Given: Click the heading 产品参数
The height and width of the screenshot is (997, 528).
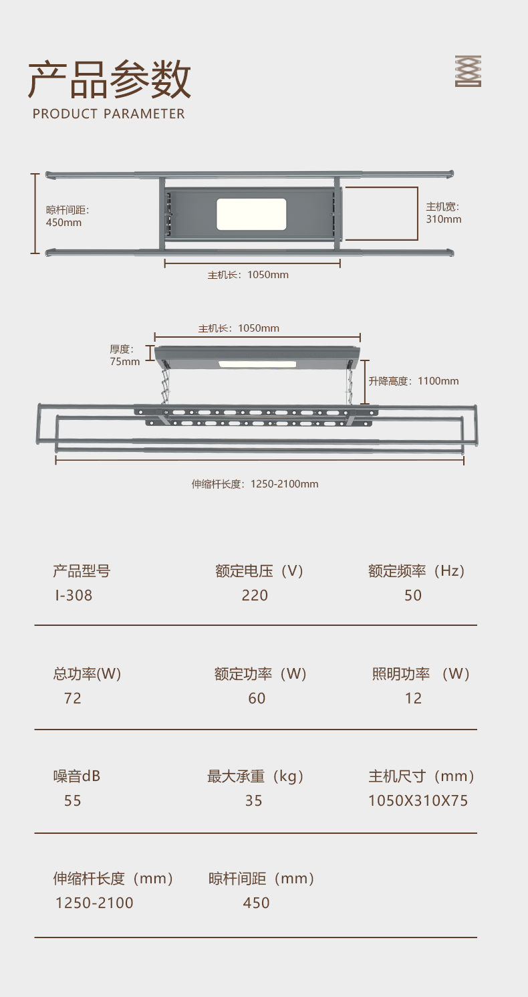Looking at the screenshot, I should point(110,80).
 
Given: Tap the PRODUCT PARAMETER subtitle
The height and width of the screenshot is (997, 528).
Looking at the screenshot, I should point(109,114).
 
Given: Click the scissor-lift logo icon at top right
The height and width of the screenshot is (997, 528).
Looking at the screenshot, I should point(468,71).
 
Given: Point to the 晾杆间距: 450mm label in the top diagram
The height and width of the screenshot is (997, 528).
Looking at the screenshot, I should point(68,216).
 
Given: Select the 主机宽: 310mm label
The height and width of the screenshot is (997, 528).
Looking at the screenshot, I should point(444,213).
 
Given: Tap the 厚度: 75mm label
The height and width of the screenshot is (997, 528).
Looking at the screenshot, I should point(125,355).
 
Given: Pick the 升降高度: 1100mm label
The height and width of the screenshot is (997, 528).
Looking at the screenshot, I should point(414,381).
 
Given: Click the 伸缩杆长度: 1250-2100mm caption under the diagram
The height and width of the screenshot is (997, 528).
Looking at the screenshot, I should point(255,483).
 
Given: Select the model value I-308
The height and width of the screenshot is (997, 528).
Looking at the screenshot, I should point(74,595).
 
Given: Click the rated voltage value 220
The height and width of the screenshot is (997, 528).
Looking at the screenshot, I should point(255,595).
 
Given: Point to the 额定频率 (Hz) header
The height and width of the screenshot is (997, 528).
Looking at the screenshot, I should point(416,571).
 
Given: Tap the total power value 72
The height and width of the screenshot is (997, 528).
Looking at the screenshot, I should point(72,698).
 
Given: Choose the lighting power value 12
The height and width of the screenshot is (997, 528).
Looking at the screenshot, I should point(413,698).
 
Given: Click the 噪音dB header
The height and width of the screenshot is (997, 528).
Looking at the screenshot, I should point(77,776).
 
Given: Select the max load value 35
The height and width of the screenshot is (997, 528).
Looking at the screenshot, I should point(254,800).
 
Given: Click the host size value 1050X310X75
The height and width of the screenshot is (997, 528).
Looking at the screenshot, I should point(418,800).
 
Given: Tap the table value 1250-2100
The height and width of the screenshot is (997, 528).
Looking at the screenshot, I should point(94,903).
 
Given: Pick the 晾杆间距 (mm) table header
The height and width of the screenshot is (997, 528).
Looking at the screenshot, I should point(261,879).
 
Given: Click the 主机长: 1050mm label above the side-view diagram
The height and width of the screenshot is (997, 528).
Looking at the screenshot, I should point(239,328).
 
